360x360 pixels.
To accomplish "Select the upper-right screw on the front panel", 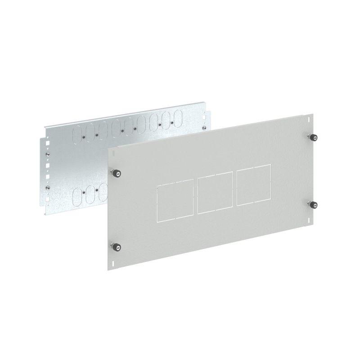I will click(311, 137).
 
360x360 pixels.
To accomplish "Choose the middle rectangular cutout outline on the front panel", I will click(215, 194).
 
